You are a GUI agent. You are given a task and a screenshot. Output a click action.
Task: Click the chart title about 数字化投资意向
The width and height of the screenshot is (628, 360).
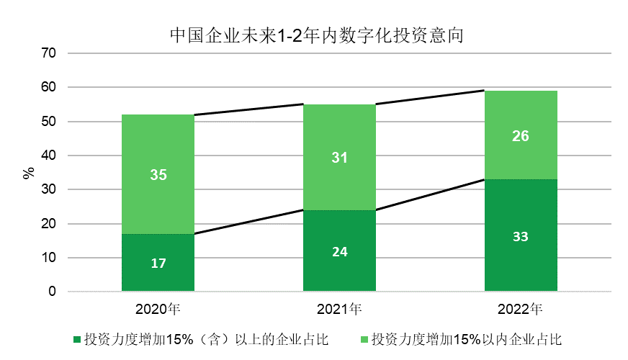click(x=314, y=35)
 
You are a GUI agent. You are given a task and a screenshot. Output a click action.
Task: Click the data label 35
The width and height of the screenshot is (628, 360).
click(x=158, y=174)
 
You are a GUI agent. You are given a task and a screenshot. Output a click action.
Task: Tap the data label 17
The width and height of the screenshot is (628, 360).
click(x=158, y=264)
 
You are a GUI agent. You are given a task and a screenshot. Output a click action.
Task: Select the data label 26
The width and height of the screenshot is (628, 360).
click(x=521, y=136)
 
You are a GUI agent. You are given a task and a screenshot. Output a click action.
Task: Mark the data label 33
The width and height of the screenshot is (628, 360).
click(x=521, y=236)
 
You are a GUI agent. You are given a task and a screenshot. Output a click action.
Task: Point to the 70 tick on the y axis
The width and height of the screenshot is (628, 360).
click(x=49, y=53)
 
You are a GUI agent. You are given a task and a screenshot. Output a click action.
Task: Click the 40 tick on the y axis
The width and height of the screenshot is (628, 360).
click(x=49, y=156)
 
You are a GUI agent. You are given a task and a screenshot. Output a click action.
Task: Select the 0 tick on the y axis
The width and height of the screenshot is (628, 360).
click(x=53, y=292)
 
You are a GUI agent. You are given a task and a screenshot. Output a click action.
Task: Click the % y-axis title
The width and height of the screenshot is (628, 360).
click(x=29, y=173)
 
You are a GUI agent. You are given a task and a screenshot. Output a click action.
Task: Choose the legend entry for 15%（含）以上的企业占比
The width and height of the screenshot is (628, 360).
click(x=202, y=339)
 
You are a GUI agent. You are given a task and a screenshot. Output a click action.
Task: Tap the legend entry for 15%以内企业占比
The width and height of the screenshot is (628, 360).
click(x=461, y=339)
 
